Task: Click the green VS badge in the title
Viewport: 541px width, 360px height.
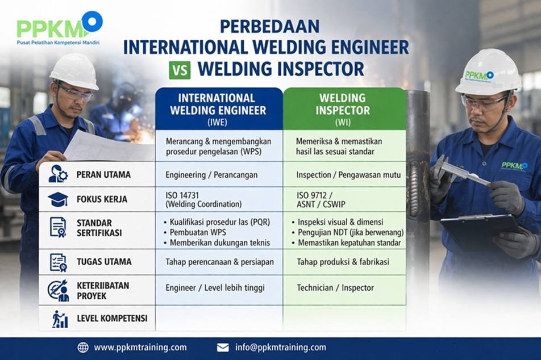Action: pos(180,70)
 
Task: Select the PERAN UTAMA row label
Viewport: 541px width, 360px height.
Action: pos(103,174)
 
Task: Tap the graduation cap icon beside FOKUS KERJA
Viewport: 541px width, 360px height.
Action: pos(58,199)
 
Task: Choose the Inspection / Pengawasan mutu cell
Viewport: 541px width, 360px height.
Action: pos(344,174)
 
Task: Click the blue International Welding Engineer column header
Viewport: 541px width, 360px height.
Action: pos(219,108)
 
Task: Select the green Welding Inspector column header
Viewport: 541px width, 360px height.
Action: pos(344,108)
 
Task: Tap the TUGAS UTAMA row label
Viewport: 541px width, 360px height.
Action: pos(104,262)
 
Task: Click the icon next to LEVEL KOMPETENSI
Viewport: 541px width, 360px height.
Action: pos(60,319)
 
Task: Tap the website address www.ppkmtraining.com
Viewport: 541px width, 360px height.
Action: pos(140,348)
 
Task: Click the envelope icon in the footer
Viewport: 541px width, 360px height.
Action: pos(223,348)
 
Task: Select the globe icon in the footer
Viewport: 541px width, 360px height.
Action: pos(83,348)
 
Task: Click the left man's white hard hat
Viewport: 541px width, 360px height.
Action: pos(74,70)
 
